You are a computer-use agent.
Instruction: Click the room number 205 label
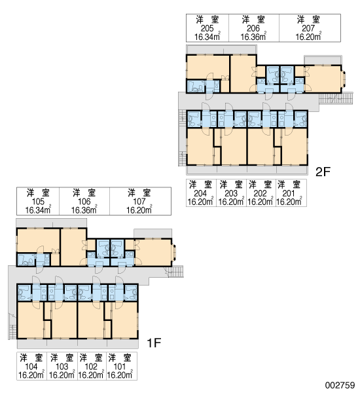point(207,28)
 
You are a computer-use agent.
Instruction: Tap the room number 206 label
point(253,28)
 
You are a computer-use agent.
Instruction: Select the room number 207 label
point(308,28)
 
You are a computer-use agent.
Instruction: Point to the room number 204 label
point(200,193)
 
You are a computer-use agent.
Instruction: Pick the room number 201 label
point(289,193)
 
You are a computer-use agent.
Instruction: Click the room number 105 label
point(38,202)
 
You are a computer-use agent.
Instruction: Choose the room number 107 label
point(139,202)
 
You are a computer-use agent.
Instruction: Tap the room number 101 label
point(120,366)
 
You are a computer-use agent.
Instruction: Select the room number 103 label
point(62,366)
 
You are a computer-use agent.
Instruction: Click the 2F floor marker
point(323,172)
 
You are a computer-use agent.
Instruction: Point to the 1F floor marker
point(154,343)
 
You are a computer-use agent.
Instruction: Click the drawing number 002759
point(340,385)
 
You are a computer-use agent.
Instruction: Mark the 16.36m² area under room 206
point(253,37)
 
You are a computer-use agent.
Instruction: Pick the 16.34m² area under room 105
point(38,210)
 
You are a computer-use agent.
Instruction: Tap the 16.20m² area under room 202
point(261,202)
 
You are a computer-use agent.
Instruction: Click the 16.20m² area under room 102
point(91,375)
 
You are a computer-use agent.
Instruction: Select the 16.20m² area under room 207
point(308,37)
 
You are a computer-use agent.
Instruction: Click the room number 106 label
point(84,202)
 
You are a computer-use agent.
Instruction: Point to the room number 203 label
point(231,193)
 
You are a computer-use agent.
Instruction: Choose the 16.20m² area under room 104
point(31,375)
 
